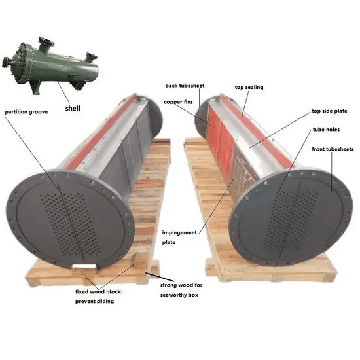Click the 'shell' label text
pyautogui.click(x=73, y=108)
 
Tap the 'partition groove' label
pyautogui.click(x=26, y=112)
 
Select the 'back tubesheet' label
pyautogui.click(x=185, y=86)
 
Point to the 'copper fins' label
pyautogui.click(x=179, y=102)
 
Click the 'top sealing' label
pyautogui.click(x=249, y=88)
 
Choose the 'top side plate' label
pyautogui.click(x=329, y=111)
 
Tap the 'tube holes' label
pyautogui.click(x=326, y=130)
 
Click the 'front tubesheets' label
pyautogui.click(x=333, y=149)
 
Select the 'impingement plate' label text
pyautogui.click(x=179, y=238)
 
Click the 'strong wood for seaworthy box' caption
pyautogui.click(x=181, y=290)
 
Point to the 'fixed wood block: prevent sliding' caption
pyautogui.click(x=99, y=297)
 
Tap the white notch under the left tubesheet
pyautogui.click(x=84, y=266)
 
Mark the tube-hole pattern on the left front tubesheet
pyautogui.click(x=69, y=225)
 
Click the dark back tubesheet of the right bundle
pyautogui.click(x=202, y=119)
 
